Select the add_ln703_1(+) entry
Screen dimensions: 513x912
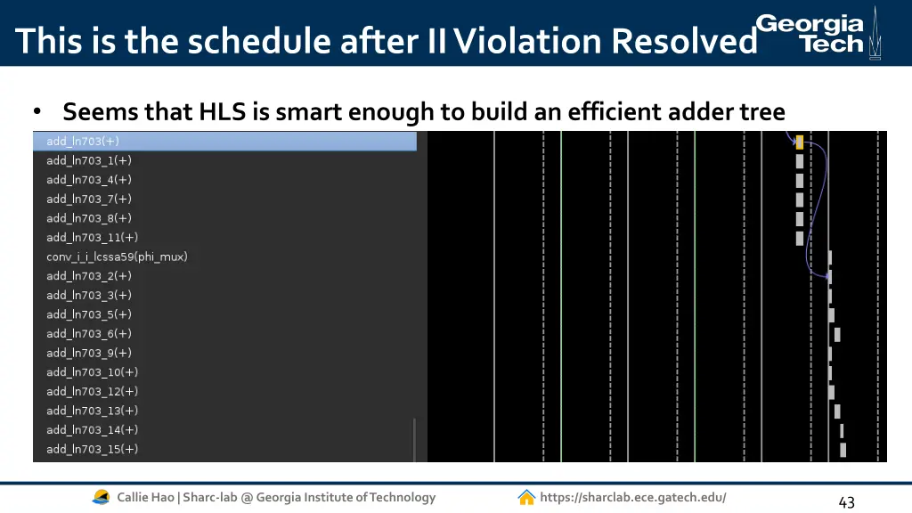(x=89, y=161)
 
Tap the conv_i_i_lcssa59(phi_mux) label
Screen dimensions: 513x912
(x=117, y=257)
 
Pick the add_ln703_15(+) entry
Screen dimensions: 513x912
(x=93, y=450)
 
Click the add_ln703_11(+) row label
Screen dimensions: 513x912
(x=93, y=238)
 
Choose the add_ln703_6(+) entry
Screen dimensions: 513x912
(x=89, y=334)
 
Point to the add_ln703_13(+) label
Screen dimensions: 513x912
(x=93, y=411)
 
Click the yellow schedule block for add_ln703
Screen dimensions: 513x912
(x=800, y=142)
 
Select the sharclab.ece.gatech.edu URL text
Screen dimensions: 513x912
(x=632, y=498)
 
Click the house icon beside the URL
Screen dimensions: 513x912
(x=526, y=498)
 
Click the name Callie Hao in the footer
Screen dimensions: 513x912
(x=146, y=498)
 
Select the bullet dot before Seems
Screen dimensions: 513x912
(x=37, y=113)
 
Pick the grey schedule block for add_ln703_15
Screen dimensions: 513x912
(x=843, y=450)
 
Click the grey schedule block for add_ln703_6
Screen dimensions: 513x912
(x=837, y=335)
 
